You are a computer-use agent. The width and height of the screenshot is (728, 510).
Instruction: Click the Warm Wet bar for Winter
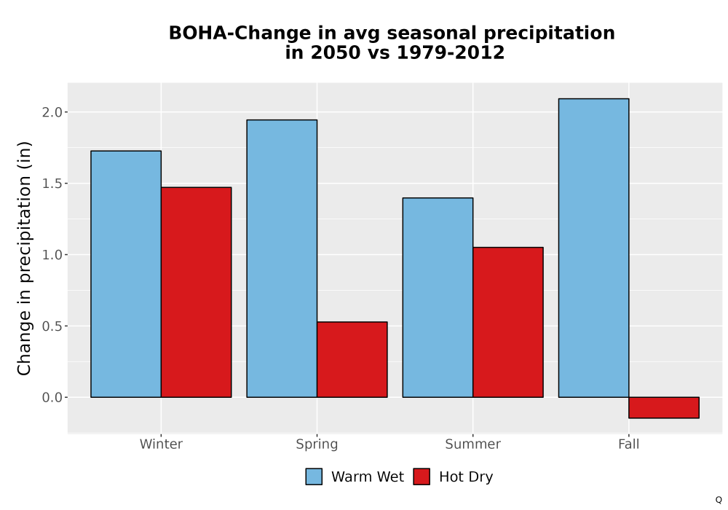pyautogui.click(x=126, y=274)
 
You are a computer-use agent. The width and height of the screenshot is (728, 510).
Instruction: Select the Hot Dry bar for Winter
pyautogui.click(x=196, y=292)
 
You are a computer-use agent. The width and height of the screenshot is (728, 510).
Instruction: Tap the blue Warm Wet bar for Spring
pyautogui.click(x=282, y=259)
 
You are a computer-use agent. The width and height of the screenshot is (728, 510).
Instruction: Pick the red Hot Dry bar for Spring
pyautogui.click(x=352, y=359)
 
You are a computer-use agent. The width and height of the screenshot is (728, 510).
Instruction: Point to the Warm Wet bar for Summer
pyautogui.click(x=438, y=298)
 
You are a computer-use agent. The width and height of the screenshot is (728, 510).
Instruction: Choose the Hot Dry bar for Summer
pyautogui.click(x=508, y=322)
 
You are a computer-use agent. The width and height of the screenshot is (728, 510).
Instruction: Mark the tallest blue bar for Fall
pyautogui.click(x=594, y=248)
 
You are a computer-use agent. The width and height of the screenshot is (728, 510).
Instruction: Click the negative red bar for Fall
pyautogui.click(x=664, y=408)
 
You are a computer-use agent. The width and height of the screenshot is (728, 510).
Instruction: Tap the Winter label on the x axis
pyautogui.click(x=161, y=444)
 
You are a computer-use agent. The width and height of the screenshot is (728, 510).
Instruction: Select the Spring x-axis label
pyautogui.click(x=317, y=444)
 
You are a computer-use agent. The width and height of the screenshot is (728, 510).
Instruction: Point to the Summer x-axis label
pyautogui.click(x=473, y=444)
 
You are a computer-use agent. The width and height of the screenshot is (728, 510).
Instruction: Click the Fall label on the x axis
pyautogui.click(x=629, y=444)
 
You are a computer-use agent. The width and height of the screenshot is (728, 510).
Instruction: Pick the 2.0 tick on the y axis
pyautogui.click(x=52, y=112)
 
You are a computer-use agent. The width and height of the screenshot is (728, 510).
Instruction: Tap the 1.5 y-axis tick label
pyautogui.click(x=52, y=184)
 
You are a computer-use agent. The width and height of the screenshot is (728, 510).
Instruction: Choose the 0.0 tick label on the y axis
pyautogui.click(x=52, y=398)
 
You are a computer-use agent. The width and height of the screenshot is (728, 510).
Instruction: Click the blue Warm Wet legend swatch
pyautogui.click(x=314, y=476)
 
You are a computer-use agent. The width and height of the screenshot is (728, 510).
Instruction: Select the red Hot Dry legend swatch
pyautogui.click(x=422, y=476)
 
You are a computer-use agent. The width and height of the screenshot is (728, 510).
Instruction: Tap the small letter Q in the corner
pyautogui.click(x=719, y=500)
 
